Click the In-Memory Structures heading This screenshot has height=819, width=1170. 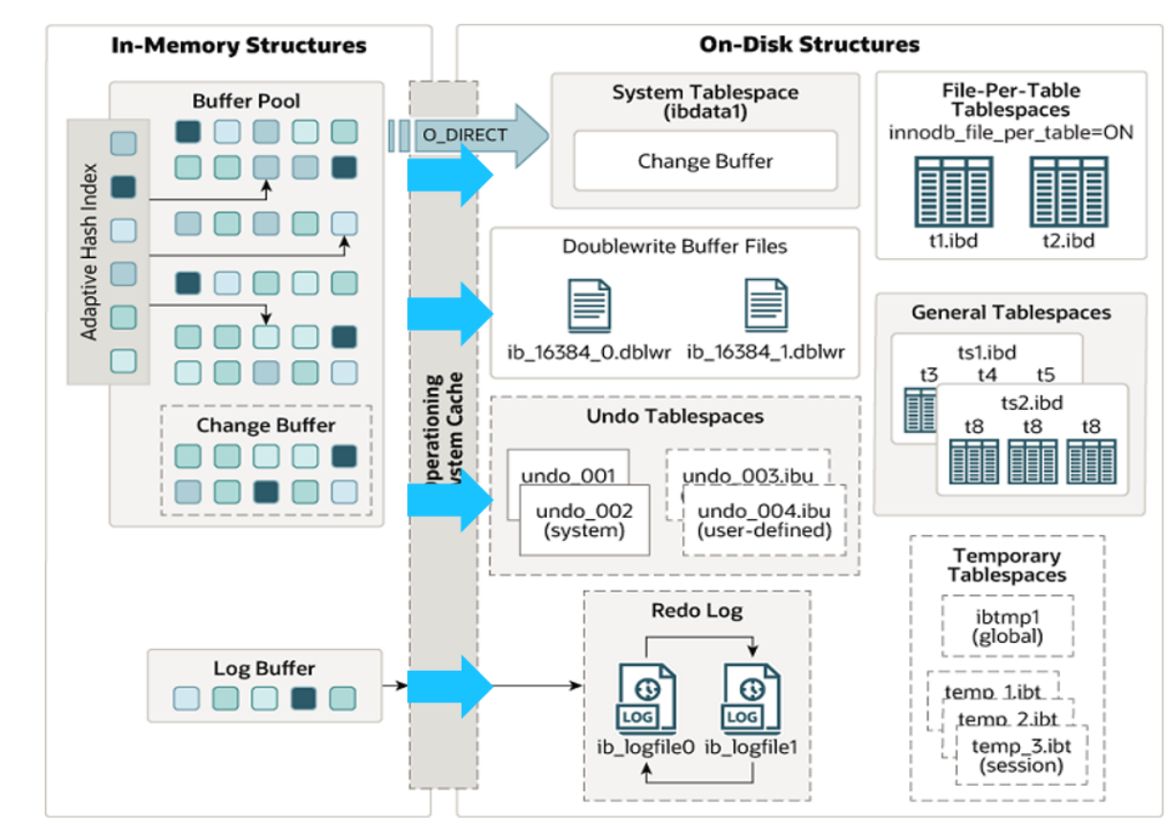(239, 45)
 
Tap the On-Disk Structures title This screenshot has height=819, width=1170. (810, 44)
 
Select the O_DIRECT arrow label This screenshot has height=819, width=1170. (465, 135)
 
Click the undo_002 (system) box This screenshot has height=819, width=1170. (584, 519)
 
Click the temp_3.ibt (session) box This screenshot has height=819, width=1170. (1014, 755)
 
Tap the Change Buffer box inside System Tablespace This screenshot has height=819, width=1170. (704, 161)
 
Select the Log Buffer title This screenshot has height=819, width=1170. (264, 668)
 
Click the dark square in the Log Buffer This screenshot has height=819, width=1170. (304, 699)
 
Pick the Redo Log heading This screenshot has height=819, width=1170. (697, 611)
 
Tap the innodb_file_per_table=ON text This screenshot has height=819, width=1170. (1010, 132)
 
